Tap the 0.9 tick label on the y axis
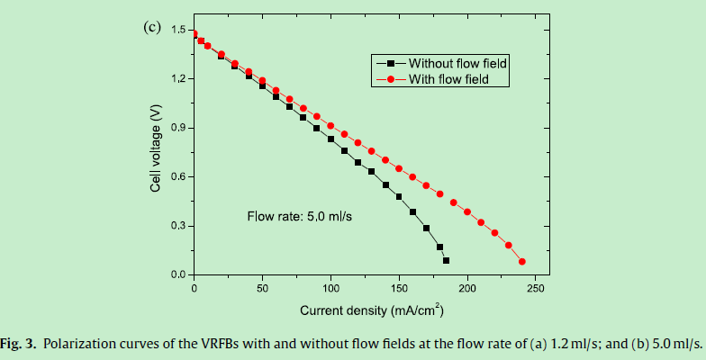[177, 128]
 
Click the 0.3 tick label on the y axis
[177, 225]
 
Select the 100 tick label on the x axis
[330, 288]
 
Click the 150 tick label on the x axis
[399, 288]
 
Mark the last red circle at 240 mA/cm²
[522, 262]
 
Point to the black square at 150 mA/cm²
[399, 196]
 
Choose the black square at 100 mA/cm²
[330, 139]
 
